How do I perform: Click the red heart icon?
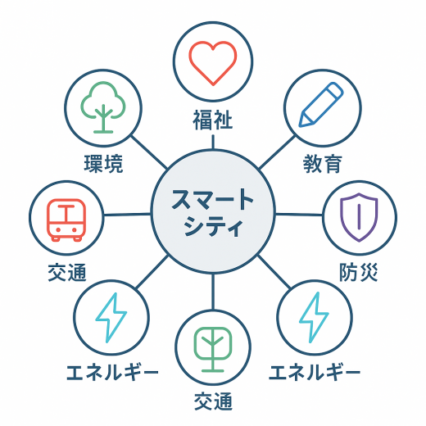(213, 63)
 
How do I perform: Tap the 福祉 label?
(213, 120)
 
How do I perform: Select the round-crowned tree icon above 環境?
(103, 107)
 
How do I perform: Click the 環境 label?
(103, 164)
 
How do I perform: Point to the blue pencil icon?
(321, 105)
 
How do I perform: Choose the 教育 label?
(323, 164)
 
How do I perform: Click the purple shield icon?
(359, 217)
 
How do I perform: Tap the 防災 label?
(359, 272)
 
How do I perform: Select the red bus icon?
(66, 220)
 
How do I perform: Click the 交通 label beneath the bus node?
(67, 272)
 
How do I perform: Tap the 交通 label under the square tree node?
(213, 401)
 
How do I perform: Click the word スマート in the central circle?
(212, 199)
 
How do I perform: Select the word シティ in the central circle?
(213, 226)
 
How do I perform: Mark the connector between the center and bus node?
(127, 215)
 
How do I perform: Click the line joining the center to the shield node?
(299, 215)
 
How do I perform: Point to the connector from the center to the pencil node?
(277, 152)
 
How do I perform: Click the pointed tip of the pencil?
(300, 126)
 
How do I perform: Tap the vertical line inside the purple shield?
(360, 216)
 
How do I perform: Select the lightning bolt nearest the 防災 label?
(314, 317)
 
